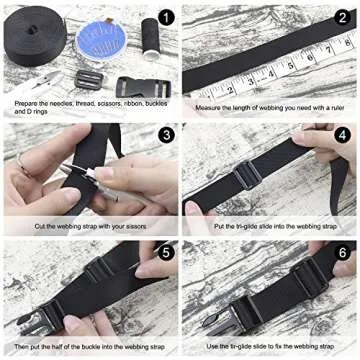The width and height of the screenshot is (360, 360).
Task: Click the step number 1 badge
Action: [165, 18]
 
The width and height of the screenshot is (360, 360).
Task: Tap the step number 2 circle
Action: [343, 18]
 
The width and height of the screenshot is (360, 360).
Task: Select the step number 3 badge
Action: [165, 135]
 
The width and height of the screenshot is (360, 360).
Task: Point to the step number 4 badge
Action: [343, 135]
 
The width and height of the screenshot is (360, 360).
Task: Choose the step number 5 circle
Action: [165, 254]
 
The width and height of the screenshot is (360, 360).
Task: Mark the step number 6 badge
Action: [343, 254]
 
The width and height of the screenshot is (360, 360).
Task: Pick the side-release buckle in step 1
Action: [135, 87]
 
